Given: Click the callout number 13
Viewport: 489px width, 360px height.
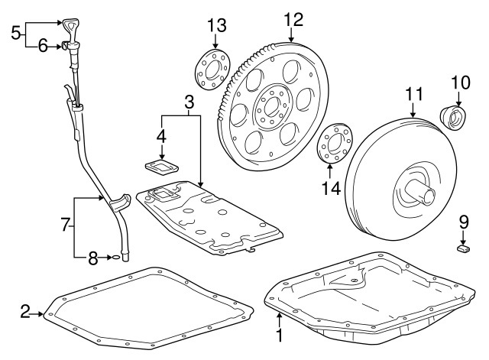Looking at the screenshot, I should coord(216,24).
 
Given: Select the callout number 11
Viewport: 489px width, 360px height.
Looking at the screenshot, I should coord(413,93).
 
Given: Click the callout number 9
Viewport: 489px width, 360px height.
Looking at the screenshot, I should coord(463,222).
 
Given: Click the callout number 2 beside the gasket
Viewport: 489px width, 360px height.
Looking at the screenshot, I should coord(25,311).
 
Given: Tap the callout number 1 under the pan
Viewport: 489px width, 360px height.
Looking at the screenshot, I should coord(279,334).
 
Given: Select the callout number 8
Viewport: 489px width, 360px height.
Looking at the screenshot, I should coord(92,258).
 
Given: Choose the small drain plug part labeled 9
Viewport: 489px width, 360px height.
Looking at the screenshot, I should coord(464,247).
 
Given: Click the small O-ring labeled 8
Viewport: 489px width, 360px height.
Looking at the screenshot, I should coord(116,258).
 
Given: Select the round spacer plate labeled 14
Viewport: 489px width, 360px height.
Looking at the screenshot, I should coord(333,141).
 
